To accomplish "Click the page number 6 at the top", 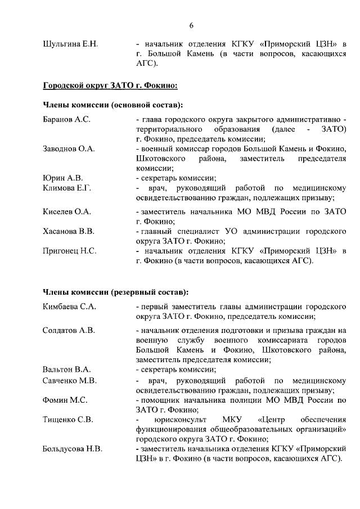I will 191,25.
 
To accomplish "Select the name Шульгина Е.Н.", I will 70,44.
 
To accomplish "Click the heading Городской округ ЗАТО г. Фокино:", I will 110,85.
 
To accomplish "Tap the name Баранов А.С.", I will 66,120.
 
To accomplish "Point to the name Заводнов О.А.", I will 69,149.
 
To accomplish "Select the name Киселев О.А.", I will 67,211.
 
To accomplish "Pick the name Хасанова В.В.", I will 69,231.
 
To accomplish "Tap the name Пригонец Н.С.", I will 70,251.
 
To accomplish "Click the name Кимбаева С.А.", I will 70,307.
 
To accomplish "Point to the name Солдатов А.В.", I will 69,330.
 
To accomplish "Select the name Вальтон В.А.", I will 66,370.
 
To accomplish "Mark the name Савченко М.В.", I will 70,381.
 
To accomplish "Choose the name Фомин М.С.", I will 64,400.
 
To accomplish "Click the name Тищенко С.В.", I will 67,420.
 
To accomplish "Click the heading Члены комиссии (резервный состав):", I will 115,292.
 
